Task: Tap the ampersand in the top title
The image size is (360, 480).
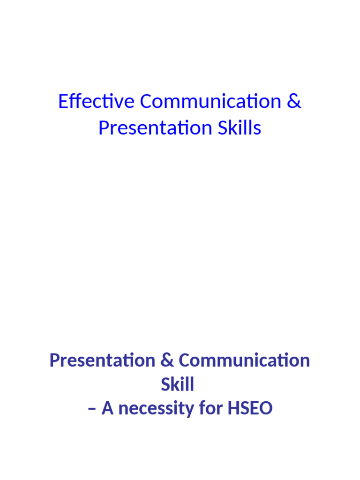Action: pyautogui.click(x=293, y=102)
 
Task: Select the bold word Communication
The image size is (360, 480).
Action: pyautogui.click(x=244, y=361)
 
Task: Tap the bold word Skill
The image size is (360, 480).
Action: pyautogui.click(x=177, y=385)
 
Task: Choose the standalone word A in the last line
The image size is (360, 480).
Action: pyautogui.click(x=108, y=409)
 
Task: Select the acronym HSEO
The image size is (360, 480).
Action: pyautogui.click(x=250, y=409)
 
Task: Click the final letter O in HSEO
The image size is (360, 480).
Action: pyautogui.click(x=266, y=409)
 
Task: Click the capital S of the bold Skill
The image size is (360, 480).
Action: pyautogui.click(x=165, y=385)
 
